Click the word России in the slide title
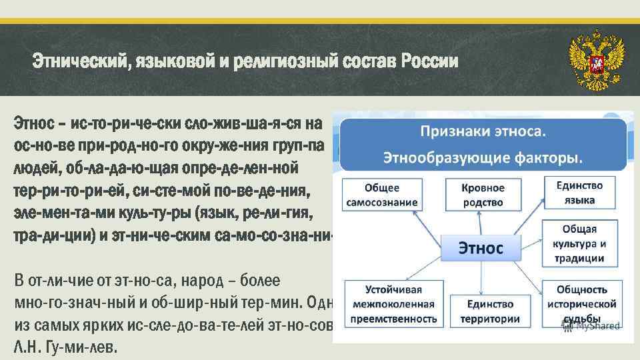pos(430,62)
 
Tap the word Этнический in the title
pos(81,62)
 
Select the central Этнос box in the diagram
pos(480,249)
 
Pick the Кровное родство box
pos(483,195)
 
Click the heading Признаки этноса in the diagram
pos(483,131)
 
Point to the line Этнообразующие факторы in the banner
pos(483,159)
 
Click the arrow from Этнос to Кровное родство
pos(481,222)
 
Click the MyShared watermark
pos(592,326)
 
